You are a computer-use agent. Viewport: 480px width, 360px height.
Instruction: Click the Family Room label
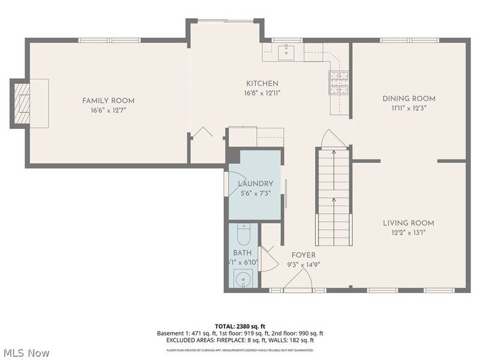(108, 101)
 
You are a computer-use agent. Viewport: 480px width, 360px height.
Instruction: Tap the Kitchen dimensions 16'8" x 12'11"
(263, 93)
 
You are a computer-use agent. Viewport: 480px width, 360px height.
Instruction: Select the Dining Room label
(409, 98)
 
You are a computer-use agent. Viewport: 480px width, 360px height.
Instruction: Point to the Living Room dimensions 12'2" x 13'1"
(409, 233)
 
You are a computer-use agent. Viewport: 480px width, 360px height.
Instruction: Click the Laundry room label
(255, 184)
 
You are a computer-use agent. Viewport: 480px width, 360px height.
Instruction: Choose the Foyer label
(304, 255)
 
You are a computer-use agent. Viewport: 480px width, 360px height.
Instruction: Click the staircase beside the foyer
(333, 198)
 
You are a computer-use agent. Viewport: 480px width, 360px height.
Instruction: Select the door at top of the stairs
(333, 139)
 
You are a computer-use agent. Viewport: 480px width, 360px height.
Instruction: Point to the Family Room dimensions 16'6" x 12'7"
(108, 110)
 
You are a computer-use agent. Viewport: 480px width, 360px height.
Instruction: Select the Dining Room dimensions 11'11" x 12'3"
(409, 109)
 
